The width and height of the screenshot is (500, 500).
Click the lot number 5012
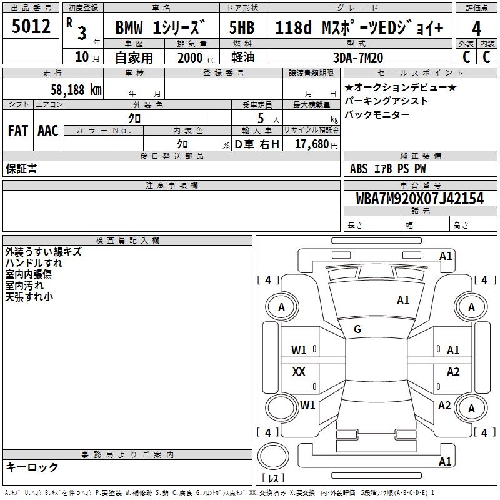(31, 27)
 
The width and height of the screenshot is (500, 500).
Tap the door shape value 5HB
(242, 28)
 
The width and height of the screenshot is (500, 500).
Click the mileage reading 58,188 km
(68, 90)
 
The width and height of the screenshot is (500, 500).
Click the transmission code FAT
(17, 131)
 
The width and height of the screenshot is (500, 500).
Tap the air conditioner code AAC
(48, 131)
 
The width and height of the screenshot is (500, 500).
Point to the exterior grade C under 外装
(466, 56)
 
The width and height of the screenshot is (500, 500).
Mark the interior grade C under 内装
(487, 56)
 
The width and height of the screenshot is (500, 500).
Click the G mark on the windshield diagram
(357, 329)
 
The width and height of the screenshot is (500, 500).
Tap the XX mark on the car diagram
(299, 372)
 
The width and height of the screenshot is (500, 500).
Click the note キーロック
(32, 467)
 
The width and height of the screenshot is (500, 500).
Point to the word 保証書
(21, 169)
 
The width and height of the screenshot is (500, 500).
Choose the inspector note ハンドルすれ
(34, 263)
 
